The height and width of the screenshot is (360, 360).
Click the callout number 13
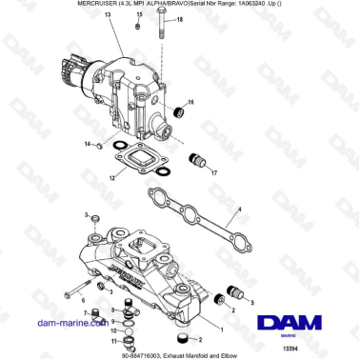click(x=108, y=17)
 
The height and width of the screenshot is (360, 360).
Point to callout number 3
click(x=86, y=215)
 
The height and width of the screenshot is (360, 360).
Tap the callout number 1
click(x=223, y=330)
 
